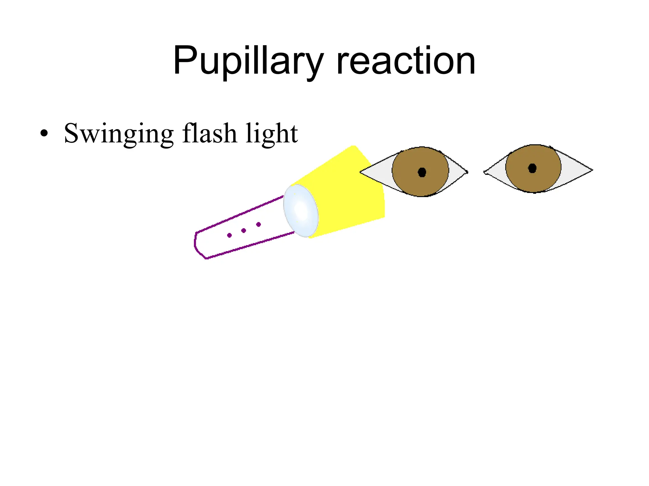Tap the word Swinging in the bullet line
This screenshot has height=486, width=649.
[x=119, y=134]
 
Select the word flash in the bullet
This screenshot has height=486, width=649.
[x=209, y=134]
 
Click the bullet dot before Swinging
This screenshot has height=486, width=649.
[x=44, y=134]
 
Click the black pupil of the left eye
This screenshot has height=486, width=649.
[x=422, y=172]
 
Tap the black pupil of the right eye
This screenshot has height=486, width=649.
[x=532, y=168]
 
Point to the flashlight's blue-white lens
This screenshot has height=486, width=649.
[x=301, y=210]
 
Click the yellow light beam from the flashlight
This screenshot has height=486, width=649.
[x=349, y=196]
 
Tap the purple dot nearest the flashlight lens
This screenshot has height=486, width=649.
[x=259, y=224]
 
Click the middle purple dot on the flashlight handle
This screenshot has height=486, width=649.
[x=244, y=230]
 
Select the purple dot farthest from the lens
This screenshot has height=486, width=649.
[x=229, y=235]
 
